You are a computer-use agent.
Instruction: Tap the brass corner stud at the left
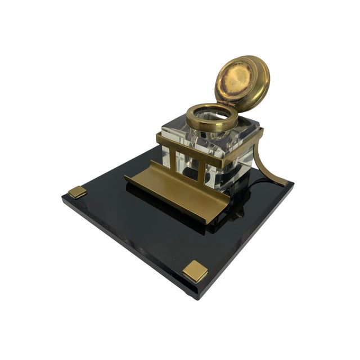pos(78,192)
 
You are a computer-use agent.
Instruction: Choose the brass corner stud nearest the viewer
pos(195,271)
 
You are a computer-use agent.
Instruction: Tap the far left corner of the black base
pos(63,201)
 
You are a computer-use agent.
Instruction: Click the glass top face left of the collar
pos(174,127)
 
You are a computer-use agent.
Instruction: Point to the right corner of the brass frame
pos(260,133)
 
